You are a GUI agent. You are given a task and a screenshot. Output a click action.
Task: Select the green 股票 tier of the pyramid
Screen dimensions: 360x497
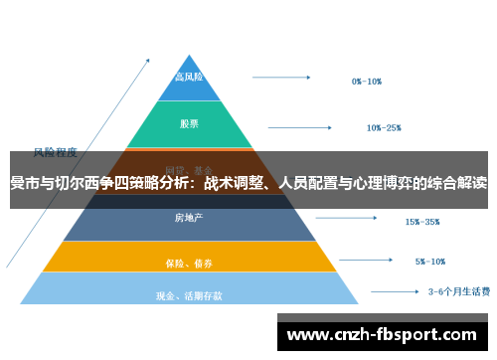(x=189, y=124)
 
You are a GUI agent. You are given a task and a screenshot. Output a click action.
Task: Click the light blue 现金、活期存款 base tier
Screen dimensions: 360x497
(x=189, y=293)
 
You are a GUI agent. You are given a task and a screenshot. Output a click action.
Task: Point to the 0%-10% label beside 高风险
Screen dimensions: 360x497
(x=368, y=81)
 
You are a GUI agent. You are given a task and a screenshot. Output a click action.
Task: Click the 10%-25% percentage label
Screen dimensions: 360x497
(x=383, y=127)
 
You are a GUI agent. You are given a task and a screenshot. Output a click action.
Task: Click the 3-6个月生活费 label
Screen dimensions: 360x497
(x=457, y=292)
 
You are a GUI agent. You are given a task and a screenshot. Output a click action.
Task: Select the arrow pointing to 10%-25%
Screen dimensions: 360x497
(x=305, y=126)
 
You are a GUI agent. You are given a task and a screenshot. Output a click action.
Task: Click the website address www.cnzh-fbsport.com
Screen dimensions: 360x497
(x=381, y=334)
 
